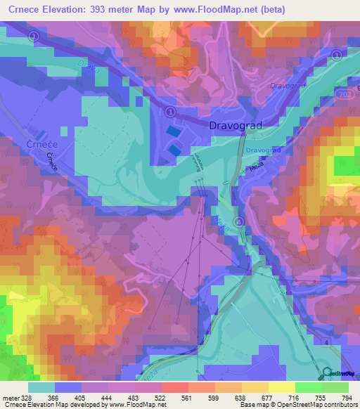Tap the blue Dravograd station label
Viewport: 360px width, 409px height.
point(265,150)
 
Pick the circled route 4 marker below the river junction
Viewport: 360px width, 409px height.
point(239,222)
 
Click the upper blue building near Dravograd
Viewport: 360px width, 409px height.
point(172,131)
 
